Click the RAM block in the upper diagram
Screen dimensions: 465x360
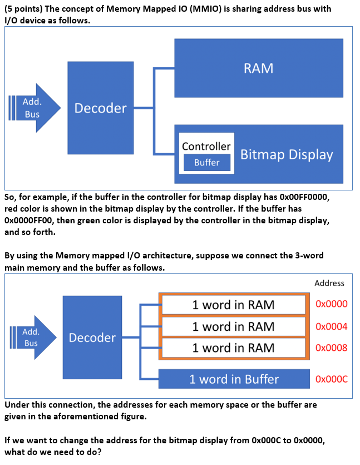(258, 68)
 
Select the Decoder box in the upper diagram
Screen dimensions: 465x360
(100, 108)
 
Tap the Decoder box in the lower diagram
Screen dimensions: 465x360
(92, 337)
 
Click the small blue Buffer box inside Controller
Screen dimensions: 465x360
(206, 163)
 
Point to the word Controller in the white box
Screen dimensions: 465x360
(206, 146)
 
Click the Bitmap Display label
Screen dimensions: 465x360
(287, 154)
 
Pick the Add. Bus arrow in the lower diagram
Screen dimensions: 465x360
(33, 337)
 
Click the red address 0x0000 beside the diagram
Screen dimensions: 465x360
(331, 304)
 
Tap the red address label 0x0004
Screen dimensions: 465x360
(331, 326)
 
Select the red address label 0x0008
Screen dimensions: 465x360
(331, 347)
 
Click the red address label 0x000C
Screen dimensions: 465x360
(331, 379)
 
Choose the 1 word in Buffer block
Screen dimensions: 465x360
(234, 379)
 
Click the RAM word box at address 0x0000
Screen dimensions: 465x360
(233, 305)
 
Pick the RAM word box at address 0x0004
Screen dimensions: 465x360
(233, 326)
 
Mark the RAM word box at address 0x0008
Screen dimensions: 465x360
(233, 347)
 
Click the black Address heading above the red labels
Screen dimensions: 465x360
(329, 283)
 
